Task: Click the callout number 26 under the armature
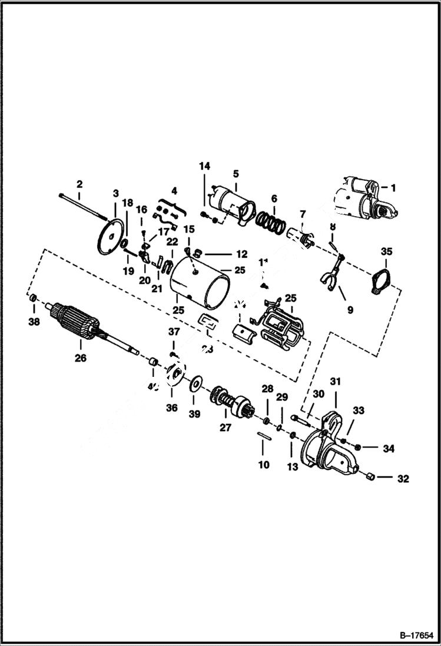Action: (x=79, y=357)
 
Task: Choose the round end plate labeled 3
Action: (x=112, y=237)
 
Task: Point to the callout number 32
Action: (x=403, y=478)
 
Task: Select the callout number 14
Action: (x=204, y=167)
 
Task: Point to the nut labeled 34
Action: (x=359, y=448)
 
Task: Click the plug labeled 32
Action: (x=370, y=476)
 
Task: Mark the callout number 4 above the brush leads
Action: (x=174, y=191)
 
